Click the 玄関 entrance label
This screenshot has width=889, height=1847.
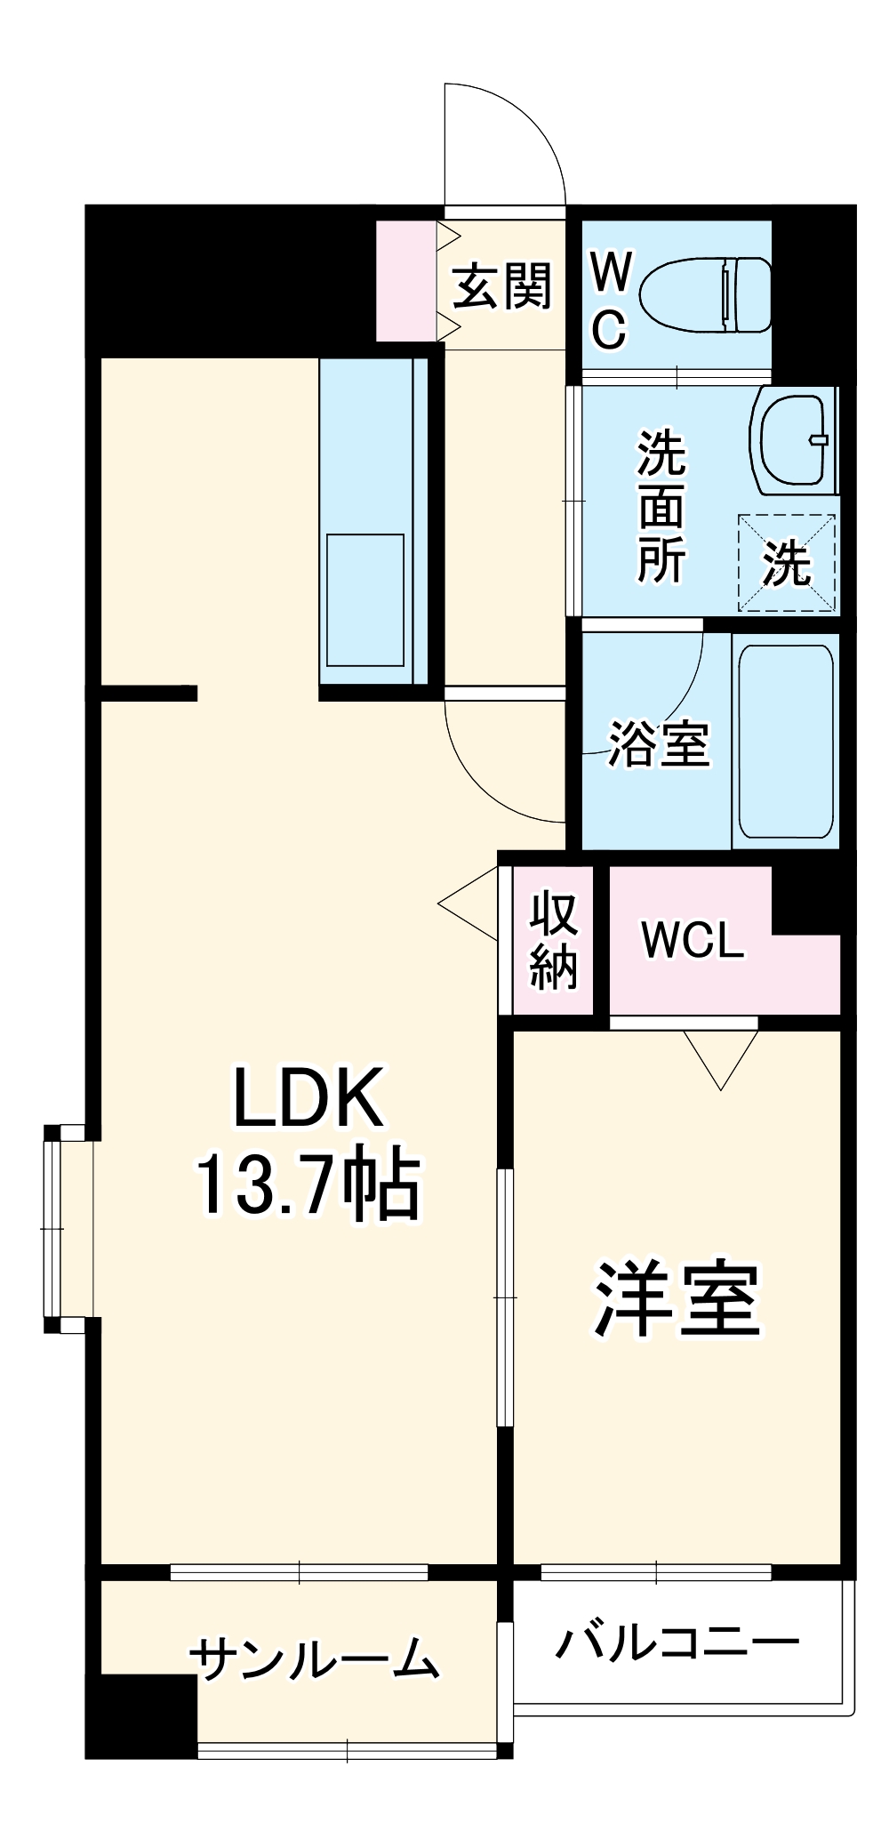pyautogui.click(x=503, y=286)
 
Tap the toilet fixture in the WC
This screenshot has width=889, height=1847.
pyautogui.click(x=705, y=295)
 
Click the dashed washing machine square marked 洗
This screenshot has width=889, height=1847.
pyautogui.click(x=787, y=562)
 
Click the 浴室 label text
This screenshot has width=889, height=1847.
pyautogui.click(x=659, y=743)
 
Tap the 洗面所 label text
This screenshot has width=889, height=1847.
pyautogui.click(x=661, y=506)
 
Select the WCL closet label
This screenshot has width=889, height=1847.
pyautogui.click(x=693, y=940)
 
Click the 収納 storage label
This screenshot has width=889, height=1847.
pyautogui.click(x=554, y=941)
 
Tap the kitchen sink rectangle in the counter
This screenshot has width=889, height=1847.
pyautogui.click(x=365, y=599)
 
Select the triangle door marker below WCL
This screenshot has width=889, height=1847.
pyautogui.click(x=721, y=1058)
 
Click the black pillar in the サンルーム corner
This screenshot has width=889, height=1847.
pyautogui.click(x=140, y=1715)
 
